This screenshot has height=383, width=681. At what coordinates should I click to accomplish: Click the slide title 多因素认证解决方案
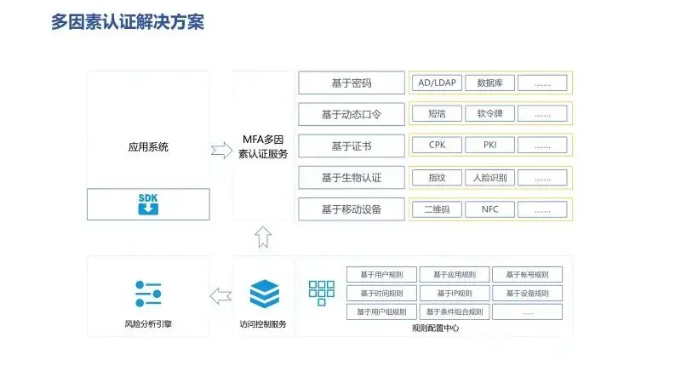pyautogui.click(x=128, y=21)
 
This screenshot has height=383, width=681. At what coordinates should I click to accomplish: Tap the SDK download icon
pyautogui.click(x=148, y=205)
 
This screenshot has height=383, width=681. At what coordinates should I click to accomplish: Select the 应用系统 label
pyautogui.click(x=148, y=147)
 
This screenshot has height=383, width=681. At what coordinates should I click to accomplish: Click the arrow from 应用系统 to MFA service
pyautogui.click(x=221, y=151)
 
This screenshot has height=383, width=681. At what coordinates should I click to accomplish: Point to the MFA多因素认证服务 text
pyautogui.click(x=263, y=146)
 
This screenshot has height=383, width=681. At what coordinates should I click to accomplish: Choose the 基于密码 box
pyautogui.click(x=352, y=83)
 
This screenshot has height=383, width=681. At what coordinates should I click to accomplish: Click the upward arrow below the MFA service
pyautogui.click(x=263, y=237)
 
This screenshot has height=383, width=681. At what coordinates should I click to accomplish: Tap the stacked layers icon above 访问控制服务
pyautogui.click(x=263, y=294)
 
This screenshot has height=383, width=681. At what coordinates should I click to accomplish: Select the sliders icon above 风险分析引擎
pyautogui.click(x=148, y=294)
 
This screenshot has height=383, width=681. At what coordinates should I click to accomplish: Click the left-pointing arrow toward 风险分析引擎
pyautogui.click(x=221, y=296)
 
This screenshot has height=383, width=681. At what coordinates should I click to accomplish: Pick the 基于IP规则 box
pyautogui.click(x=455, y=294)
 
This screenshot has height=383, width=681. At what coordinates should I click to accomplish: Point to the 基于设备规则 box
pyautogui.click(x=527, y=294)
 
